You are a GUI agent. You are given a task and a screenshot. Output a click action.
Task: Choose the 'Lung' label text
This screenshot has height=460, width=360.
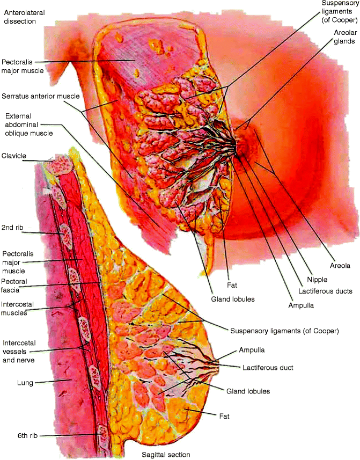11,382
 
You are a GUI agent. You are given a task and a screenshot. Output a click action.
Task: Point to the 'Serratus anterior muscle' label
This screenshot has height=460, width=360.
40,96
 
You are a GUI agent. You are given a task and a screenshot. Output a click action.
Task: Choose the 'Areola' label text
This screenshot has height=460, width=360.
340,266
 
